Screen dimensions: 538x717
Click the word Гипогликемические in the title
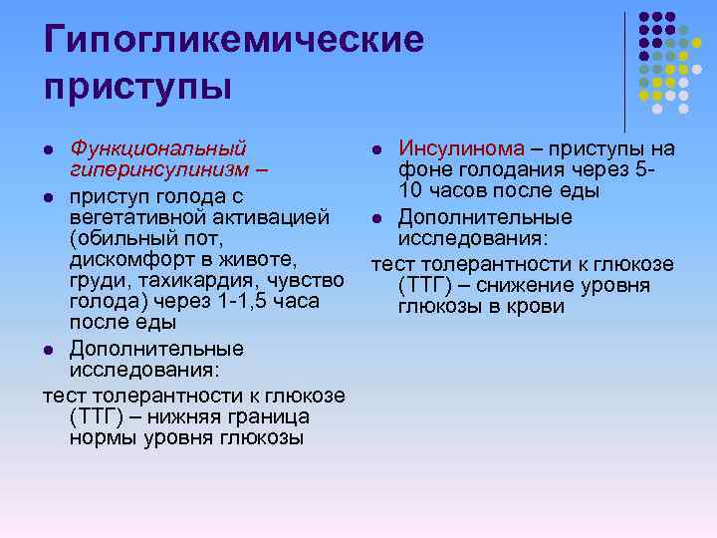coord(234,40)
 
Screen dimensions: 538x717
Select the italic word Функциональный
coord(158,148)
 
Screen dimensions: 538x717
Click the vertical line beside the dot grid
coord(625,70)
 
